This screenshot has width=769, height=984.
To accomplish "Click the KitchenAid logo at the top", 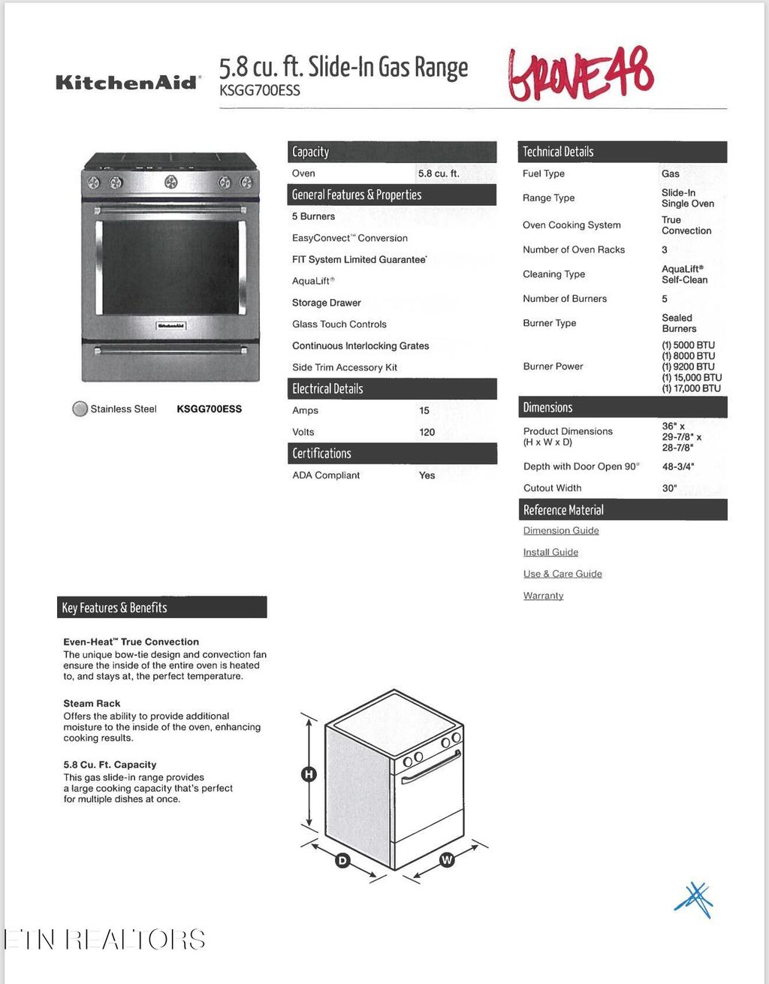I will tap(128, 82).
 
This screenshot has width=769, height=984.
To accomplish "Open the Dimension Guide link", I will tap(561, 530).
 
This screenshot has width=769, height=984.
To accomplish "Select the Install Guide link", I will tap(550, 552).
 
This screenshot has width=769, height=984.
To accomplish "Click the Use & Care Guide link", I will tap(562, 574).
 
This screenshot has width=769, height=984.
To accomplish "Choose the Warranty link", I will tap(543, 596).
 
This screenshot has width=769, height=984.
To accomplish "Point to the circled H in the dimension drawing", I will tap(309, 774).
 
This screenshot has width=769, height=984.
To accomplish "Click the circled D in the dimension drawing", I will tap(342, 860).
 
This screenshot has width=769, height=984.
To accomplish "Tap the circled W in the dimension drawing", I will tap(447, 859).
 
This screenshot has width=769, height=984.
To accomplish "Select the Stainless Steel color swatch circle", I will tap(80, 409).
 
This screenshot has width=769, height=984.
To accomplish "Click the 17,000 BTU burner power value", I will tap(691, 388).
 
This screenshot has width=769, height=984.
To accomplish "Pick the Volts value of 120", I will tap(427, 432).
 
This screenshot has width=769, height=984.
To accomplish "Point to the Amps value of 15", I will tap(424, 410).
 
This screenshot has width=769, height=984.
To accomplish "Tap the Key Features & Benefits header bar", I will tap(161, 608).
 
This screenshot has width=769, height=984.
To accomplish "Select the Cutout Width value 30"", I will tap(669, 488).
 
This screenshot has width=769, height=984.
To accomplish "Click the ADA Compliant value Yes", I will tap(427, 475).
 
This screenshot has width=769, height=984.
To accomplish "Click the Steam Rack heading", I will tap(92, 704).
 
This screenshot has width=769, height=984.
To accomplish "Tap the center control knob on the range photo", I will tap(171, 181).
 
